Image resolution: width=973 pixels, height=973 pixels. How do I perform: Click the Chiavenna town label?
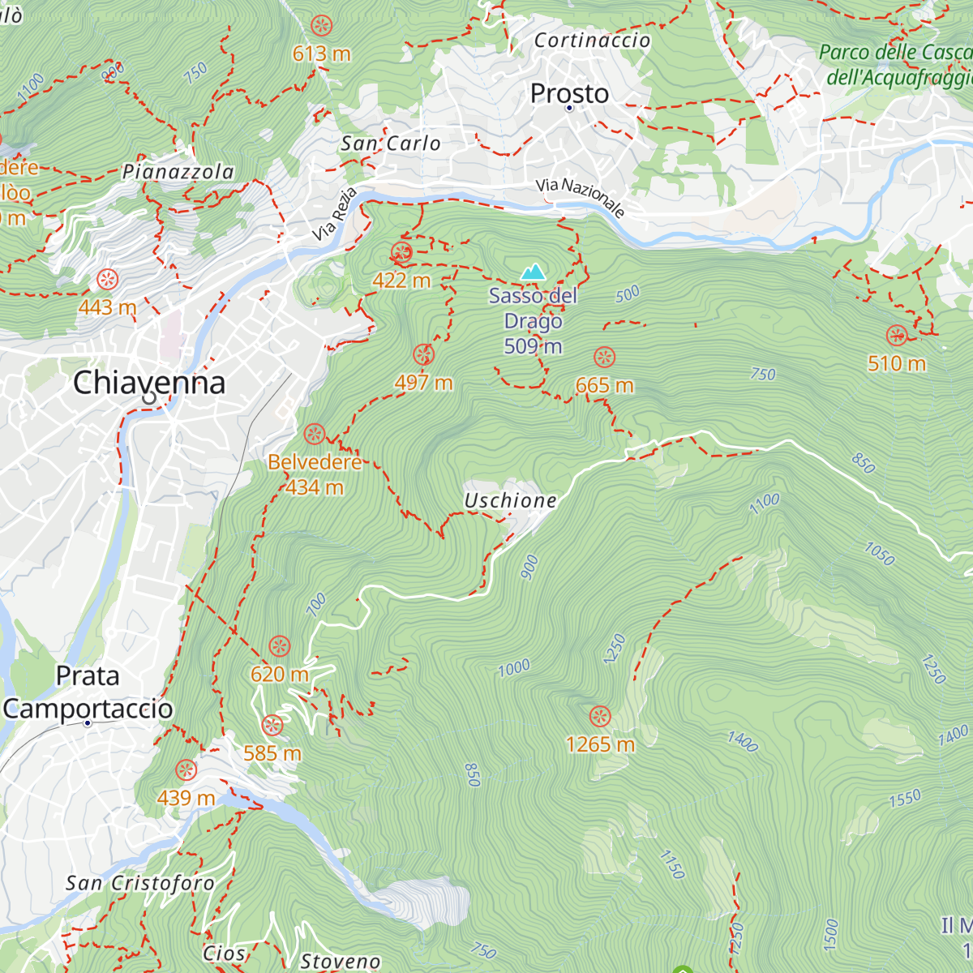(x=149, y=383)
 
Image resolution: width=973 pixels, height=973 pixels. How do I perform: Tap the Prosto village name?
(x=569, y=94)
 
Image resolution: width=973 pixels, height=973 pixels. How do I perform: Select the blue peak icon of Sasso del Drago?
(x=533, y=272)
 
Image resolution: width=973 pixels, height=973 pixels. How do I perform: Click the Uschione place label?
(x=510, y=501)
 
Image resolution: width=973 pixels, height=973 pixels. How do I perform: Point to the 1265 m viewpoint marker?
(x=600, y=716)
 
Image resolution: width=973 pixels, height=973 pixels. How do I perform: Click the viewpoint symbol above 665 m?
(x=604, y=357)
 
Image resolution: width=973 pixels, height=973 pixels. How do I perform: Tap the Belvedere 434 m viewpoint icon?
(x=315, y=434)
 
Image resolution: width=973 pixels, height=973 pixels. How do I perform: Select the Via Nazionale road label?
(x=581, y=198)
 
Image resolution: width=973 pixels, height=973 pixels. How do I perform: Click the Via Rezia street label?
(x=334, y=214)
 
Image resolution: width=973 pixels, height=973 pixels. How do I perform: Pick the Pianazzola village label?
(x=178, y=172)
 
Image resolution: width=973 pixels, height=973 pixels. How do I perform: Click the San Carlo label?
(x=391, y=144)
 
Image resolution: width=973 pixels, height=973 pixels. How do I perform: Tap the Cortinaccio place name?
(x=592, y=41)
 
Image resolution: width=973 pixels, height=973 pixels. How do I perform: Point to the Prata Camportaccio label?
(x=88, y=692)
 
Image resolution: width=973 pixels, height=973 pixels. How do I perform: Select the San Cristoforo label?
(x=139, y=883)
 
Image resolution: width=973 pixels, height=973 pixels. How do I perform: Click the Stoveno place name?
(x=341, y=962)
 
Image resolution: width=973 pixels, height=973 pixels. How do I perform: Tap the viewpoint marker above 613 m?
(x=322, y=25)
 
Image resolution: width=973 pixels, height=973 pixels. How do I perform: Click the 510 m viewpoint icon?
(x=897, y=335)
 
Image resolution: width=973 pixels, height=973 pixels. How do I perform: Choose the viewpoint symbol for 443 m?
(x=107, y=280)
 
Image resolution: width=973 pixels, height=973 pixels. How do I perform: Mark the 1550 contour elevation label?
(x=905, y=799)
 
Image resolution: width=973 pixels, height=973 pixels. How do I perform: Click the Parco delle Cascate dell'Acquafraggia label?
(x=896, y=65)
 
